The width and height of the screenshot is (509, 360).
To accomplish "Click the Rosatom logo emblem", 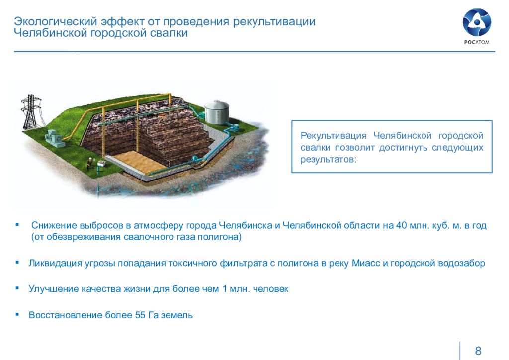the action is (477, 22).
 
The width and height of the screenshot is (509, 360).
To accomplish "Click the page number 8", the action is (478, 351).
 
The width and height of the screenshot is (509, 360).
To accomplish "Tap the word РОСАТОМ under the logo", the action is (477, 42).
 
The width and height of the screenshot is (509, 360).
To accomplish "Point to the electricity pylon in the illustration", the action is (31, 112).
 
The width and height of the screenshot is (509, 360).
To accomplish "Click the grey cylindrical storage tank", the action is (216, 112).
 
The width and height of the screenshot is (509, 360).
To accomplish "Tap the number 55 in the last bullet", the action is (140, 315).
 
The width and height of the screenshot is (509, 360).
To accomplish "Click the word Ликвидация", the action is (55, 263).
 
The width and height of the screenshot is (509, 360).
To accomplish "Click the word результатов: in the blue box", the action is (328, 160).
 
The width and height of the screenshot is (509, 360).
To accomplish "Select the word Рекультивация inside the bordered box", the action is (334, 136).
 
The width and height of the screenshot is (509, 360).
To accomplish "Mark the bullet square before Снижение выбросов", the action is (17, 224).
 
